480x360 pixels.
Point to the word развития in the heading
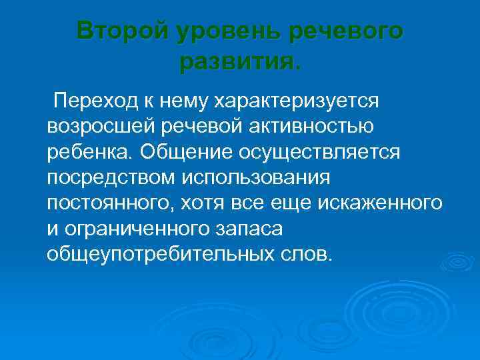[237, 62]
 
